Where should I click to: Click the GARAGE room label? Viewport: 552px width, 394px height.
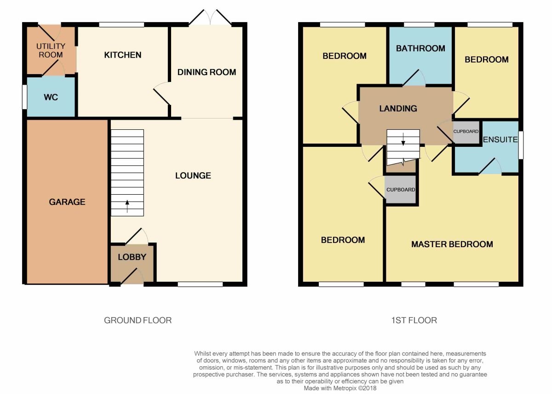click(67, 202)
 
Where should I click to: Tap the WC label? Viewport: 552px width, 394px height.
click(51, 97)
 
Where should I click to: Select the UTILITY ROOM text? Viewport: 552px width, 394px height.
click(51, 50)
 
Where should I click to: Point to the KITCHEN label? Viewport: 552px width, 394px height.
click(123, 55)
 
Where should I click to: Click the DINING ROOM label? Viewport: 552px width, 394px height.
click(207, 72)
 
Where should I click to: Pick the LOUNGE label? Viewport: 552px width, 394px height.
click(193, 175)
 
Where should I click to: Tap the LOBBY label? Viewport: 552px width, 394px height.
click(132, 257)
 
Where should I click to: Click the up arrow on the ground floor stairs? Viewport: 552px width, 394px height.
click(127, 206)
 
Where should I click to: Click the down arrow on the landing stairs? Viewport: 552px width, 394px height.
click(403, 139)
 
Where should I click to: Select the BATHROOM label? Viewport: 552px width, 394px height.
click(420, 48)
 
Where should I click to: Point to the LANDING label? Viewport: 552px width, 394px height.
click(398, 108)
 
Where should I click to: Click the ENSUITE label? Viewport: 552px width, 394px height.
click(500, 139)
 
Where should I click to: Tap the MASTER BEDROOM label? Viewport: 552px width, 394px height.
click(452, 244)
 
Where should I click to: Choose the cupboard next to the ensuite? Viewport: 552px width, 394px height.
click(466, 132)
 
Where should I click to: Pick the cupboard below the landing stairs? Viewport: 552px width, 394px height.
click(401, 189)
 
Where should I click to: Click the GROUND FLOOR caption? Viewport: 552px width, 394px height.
click(138, 320)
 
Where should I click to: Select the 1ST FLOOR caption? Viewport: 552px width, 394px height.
click(414, 320)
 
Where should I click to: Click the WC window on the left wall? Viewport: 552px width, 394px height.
click(24, 97)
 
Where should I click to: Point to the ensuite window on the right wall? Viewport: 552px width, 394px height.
click(521, 145)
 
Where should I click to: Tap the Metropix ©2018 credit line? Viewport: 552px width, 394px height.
click(340, 388)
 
